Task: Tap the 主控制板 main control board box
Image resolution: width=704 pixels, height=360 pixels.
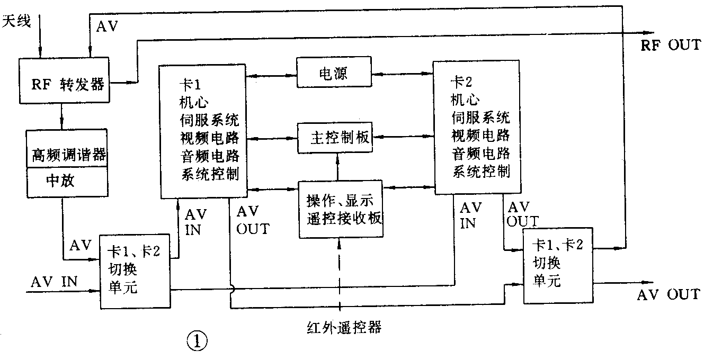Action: click(334, 139)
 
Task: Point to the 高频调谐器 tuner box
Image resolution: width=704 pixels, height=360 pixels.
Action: click(66, 155)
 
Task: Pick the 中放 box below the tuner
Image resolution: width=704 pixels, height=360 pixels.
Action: click(61, 182)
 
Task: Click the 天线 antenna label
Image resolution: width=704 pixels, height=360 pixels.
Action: click(17, 22)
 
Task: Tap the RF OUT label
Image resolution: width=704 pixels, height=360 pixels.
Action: click(670, 45)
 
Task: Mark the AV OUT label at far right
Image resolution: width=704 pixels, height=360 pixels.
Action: click(668, 294)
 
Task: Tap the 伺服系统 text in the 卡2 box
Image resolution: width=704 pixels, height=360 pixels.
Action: click(481, 116)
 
